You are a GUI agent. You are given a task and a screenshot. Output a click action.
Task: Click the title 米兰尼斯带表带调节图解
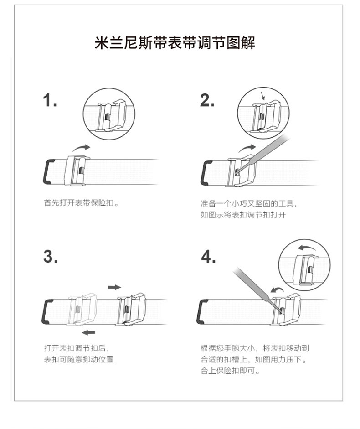[x=175, y=43]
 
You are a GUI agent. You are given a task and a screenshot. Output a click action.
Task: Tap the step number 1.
[x=50, y=100]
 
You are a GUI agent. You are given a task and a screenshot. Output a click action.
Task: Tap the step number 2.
[x=207, y=100]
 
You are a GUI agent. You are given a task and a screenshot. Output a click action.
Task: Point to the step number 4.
[x=208, y=257]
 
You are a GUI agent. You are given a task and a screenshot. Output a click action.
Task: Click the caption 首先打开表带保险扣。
[x=81, y=203]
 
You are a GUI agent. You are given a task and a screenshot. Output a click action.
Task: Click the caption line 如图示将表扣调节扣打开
[x=243, y=215]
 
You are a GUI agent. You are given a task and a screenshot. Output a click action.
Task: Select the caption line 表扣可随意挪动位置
[x=79, y=359]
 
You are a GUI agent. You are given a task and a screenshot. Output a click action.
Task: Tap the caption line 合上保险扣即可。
[x=230, y=371]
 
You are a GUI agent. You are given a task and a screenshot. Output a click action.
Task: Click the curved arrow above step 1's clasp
[x=81, y=148]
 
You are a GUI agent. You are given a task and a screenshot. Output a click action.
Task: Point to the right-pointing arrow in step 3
[x=114, y=287]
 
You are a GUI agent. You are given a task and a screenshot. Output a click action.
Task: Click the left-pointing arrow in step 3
[x=88, y=332]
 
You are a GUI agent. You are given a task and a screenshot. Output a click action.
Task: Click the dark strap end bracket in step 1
[x=46, y=171]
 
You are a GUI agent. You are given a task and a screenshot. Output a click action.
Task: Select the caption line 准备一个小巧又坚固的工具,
[x=249, y=203]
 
